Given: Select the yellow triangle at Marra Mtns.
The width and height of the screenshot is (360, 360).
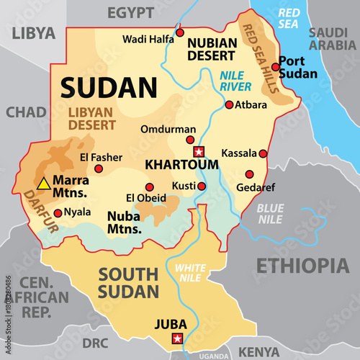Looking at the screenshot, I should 44,184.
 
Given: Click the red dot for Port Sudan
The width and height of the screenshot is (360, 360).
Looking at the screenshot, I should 276,67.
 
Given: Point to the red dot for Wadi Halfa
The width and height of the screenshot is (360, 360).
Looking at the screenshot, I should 180,32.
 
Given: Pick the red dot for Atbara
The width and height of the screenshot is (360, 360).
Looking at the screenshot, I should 229,104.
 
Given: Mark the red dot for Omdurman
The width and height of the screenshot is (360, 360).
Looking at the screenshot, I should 191,140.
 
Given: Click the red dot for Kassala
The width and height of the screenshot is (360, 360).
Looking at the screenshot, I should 264,153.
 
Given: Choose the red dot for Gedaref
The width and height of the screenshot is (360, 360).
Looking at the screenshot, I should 250,174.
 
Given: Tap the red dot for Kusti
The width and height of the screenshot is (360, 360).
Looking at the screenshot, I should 202,186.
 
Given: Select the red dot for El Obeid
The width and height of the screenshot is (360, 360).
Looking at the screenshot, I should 150,187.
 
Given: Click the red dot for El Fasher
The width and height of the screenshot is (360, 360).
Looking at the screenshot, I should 99,168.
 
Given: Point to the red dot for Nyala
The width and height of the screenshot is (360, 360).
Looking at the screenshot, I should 58,212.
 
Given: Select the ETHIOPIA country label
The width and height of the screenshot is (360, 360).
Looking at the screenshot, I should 303,264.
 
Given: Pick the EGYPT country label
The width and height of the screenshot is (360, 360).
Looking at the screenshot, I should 130,12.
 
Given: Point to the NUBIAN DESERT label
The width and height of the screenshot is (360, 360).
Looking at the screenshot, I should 211,48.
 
